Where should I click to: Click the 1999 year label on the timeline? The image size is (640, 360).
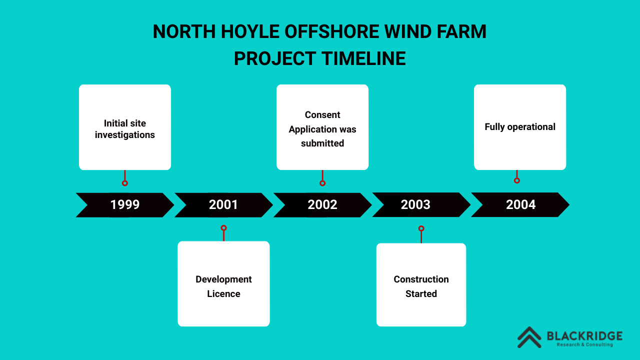[x=125, y=204]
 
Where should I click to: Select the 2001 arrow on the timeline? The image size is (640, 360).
[x=223, y=204]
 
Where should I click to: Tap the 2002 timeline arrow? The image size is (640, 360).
[x=322, y=204]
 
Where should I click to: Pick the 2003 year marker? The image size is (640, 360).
[x=415, y=204]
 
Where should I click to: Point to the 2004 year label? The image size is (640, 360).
[x=520, y=204]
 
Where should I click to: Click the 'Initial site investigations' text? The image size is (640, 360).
[x=125, y=129]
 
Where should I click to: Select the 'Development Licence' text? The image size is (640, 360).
[x=223, y=286]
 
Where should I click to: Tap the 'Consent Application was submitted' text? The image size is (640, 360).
[x=322, y=129]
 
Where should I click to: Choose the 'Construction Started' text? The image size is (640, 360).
[x=421, y=286]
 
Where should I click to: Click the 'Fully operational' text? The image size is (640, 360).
[x=520, y=127]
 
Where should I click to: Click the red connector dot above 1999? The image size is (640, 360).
[x=125, y=183]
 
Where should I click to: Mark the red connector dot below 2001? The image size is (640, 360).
[x=223, y=228]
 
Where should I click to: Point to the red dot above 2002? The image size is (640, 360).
[x=322, y=183]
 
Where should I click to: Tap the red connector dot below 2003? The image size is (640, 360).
[x=421, y=228]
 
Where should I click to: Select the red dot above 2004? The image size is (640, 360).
[x=517, y=180]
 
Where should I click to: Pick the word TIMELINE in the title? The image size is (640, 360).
[x=363, y=58]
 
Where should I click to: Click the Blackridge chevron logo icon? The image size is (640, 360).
[x=529, y=337]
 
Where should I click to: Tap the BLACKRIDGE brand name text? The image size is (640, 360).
[x=584, y=335]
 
